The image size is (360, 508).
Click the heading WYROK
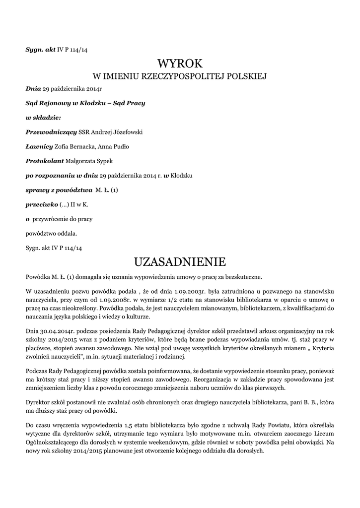click(x=180, y=63)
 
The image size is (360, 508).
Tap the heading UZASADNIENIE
click(x=180, y=261)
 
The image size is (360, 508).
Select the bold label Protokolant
click(x=45, y=161)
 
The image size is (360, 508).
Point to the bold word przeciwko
click(x=41, y=204)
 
